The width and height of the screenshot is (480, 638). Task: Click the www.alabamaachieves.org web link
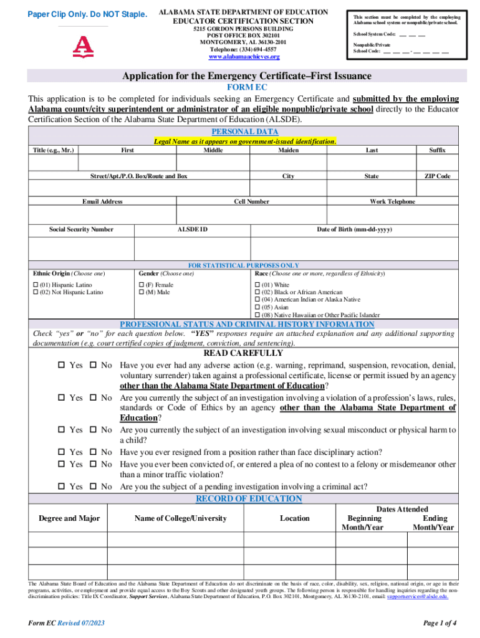point(244,57)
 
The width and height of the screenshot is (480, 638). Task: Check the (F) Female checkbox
point(141,285)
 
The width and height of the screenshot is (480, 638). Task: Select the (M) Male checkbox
point(141,292)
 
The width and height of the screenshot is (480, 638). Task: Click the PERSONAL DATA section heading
point(244,132)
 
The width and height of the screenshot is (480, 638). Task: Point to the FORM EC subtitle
point(244,88)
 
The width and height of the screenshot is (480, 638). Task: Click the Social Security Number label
point(81,229)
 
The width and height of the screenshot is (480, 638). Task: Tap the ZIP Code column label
point(437,176)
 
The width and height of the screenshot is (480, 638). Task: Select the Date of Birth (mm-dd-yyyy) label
point(354,229)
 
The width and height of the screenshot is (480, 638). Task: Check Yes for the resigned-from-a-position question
point(62,452)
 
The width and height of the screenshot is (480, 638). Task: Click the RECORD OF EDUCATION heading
point(249,499)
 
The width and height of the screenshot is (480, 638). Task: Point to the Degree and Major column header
point(69,518)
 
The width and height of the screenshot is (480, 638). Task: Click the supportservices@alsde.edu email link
point(417,596)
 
